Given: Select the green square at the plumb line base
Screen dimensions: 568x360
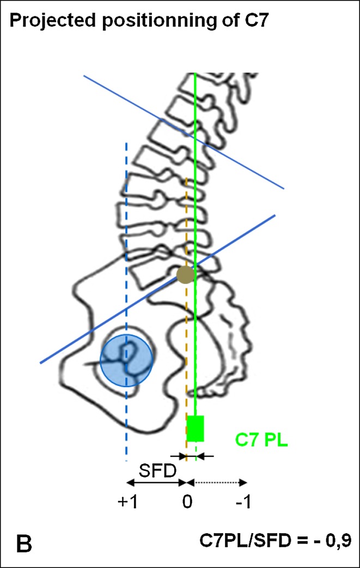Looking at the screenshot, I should tap(195, 428).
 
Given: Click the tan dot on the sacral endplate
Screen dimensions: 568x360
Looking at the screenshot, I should tap(186, 275).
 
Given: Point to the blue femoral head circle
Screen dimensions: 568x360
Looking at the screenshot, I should tap(126, 360).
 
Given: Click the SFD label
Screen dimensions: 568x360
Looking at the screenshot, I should tap(154, 469).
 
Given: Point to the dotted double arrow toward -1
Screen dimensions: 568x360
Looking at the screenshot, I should tap(217, 482).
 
